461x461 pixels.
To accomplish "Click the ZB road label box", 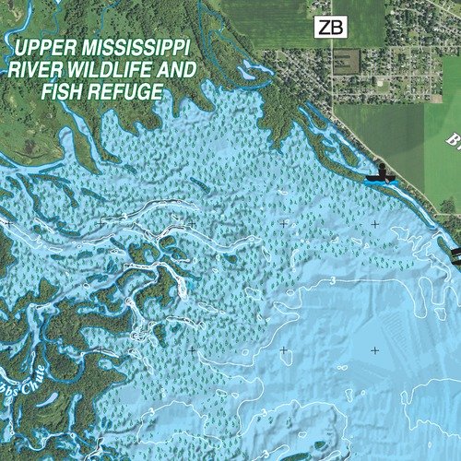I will click(330, 28).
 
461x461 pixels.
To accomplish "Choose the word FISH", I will click(62, 91).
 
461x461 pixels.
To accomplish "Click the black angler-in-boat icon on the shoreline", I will click(380, 173).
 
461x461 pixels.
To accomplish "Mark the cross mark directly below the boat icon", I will click(374, 224).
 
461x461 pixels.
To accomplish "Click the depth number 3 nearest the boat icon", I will click(330, 279).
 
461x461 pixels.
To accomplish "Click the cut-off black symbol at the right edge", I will click(455, 251).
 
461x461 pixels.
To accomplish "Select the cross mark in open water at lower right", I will click(374, 350).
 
